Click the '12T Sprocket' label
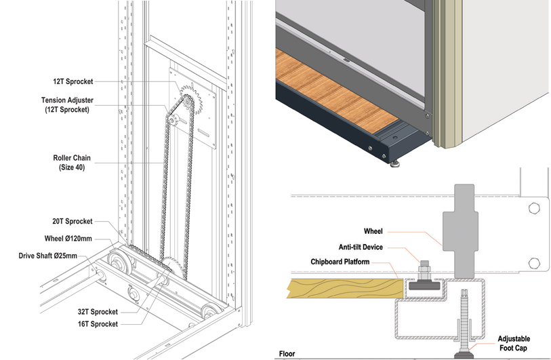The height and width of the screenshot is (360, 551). click(x=73, y=81)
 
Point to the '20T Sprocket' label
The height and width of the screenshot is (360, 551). click(x=71, y=222)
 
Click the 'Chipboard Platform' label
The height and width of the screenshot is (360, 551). click(x=352, y=262)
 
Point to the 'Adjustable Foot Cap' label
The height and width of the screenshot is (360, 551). click(x=514, y=343)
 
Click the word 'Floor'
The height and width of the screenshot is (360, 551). click(x=287, y=354)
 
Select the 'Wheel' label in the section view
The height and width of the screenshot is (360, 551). click(x=373, y=231)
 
